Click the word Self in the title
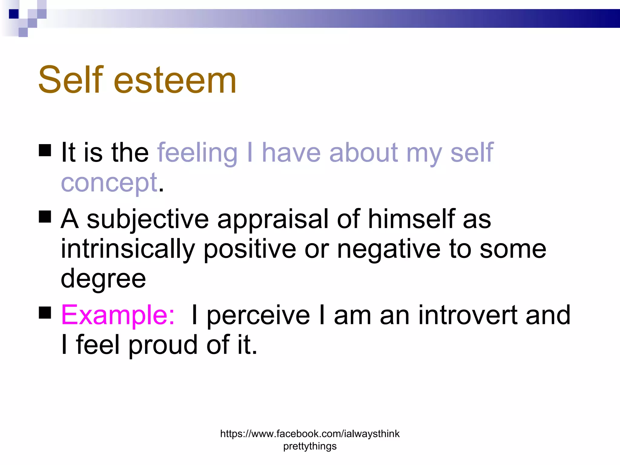(71, 80)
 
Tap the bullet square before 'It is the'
(45, 150)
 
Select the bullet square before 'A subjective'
(45, 217)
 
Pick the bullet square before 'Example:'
(45, 313)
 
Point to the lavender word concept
(109, 183)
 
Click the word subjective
(148, 219)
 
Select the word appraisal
(272, 219)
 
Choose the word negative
(389, 249)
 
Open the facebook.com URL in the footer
(310, 434)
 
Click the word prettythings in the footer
(310, 446)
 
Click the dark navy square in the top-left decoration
(14, 14)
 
